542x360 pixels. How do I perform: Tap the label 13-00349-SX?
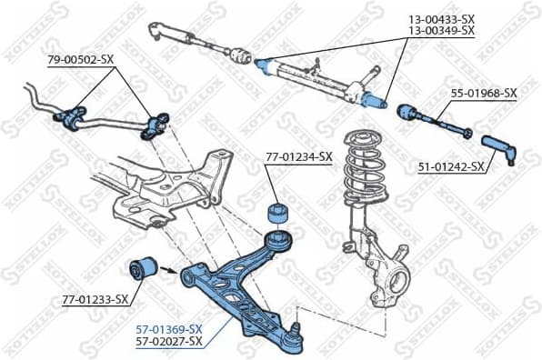[441, 31]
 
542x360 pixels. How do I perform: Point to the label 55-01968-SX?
[483, 93]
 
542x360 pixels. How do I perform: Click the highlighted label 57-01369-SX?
[169, 327]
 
